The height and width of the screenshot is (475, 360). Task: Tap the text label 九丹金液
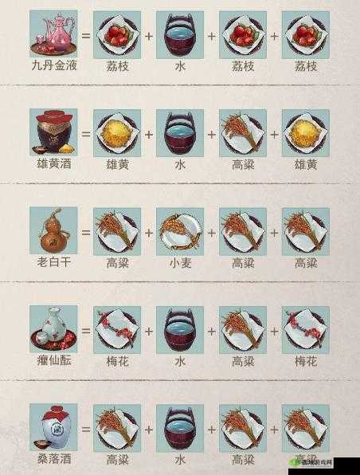click(x=53, y=66)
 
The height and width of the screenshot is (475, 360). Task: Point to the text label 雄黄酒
click(x=53, y=164)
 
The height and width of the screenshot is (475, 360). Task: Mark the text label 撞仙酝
click(x=53, y=361)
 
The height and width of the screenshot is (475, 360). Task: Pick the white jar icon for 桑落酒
click(x=53, y=427)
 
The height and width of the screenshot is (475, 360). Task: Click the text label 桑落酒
click(x=53, y=460)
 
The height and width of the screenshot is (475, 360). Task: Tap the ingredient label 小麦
click(x=179, y=263)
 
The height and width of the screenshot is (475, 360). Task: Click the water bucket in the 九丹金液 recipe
click(x=179, y=33)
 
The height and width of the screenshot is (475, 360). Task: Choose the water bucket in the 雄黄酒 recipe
click(x=179, y=132)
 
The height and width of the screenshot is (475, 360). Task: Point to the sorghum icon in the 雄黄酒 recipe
click(x=242, y=132)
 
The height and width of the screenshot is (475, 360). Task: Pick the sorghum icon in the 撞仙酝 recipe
click(x=242, y=328)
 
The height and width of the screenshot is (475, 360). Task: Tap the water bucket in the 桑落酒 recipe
click(x=179, y=427)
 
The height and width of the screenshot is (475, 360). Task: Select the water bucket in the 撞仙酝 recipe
click(x=179, y=328)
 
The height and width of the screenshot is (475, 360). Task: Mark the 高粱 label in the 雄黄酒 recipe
click(x=242, y=164)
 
